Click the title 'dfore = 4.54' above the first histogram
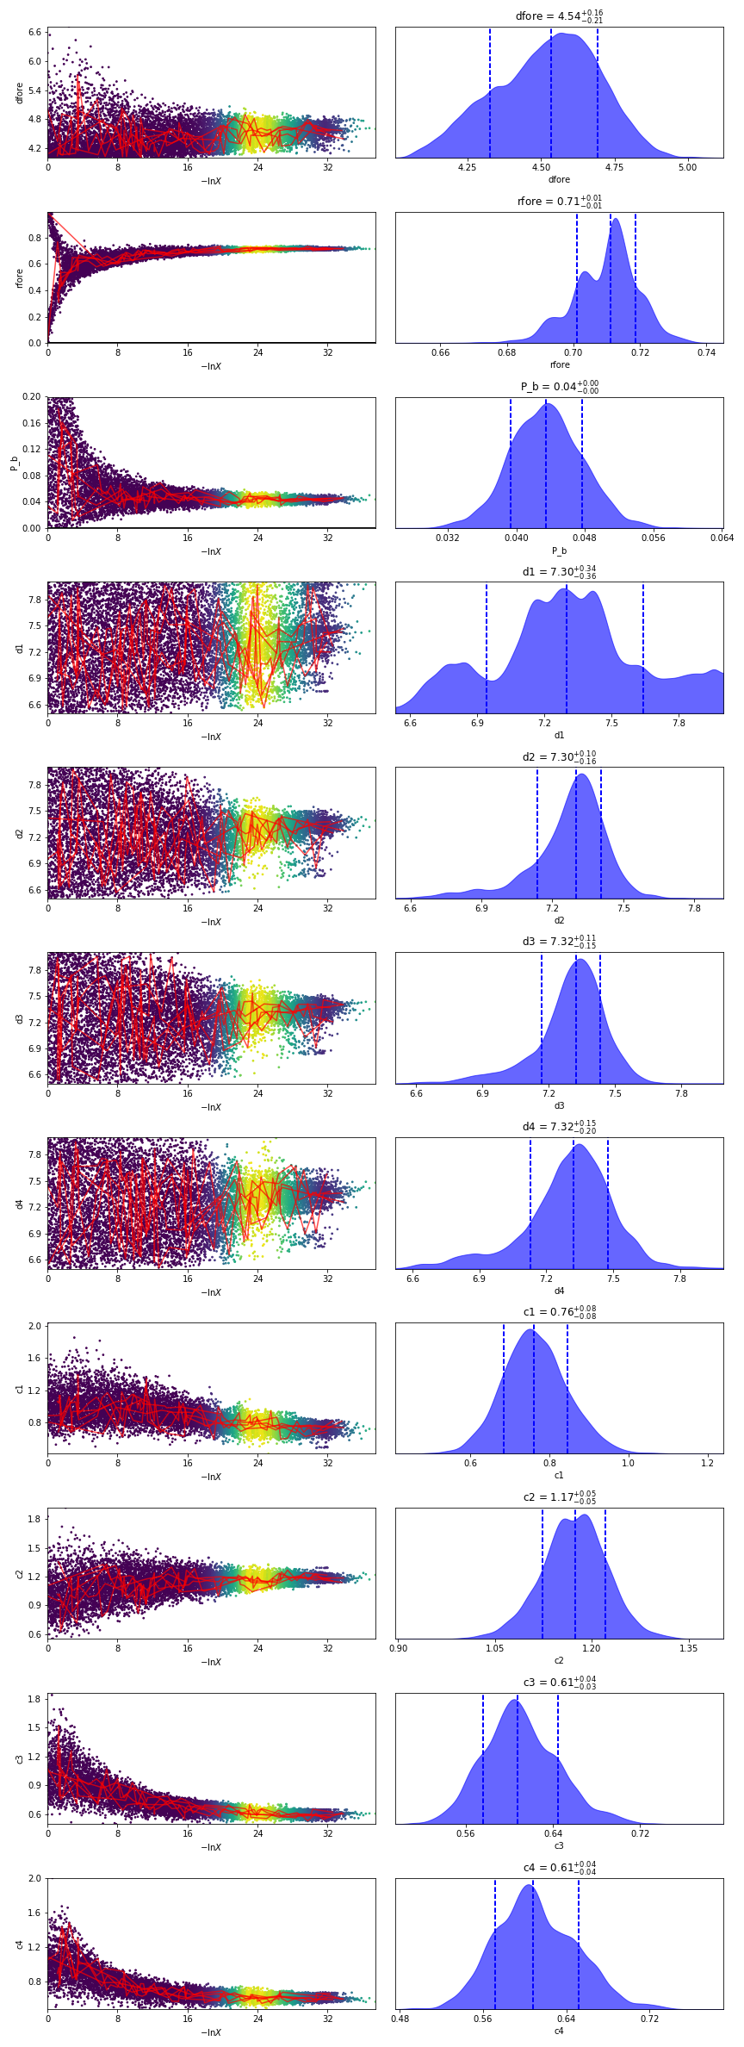tap(559, 16)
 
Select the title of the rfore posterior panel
tap(559, 202)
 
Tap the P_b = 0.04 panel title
tap(559, 387)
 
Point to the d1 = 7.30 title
tap(559, 572)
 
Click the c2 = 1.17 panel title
tap(559, 1497)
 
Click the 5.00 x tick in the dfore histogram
tap(687, 167)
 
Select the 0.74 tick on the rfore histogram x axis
tap(706, 352)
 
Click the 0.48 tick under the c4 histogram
tap(400, 2019)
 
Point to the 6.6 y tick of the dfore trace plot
tap(34, 32)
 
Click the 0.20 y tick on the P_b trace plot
tap(32, 397)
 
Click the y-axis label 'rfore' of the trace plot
tap(19, 277)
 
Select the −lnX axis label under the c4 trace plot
tap(211, 2032)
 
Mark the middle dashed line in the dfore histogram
tap(551, 93)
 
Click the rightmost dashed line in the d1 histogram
tap(643, 648)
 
